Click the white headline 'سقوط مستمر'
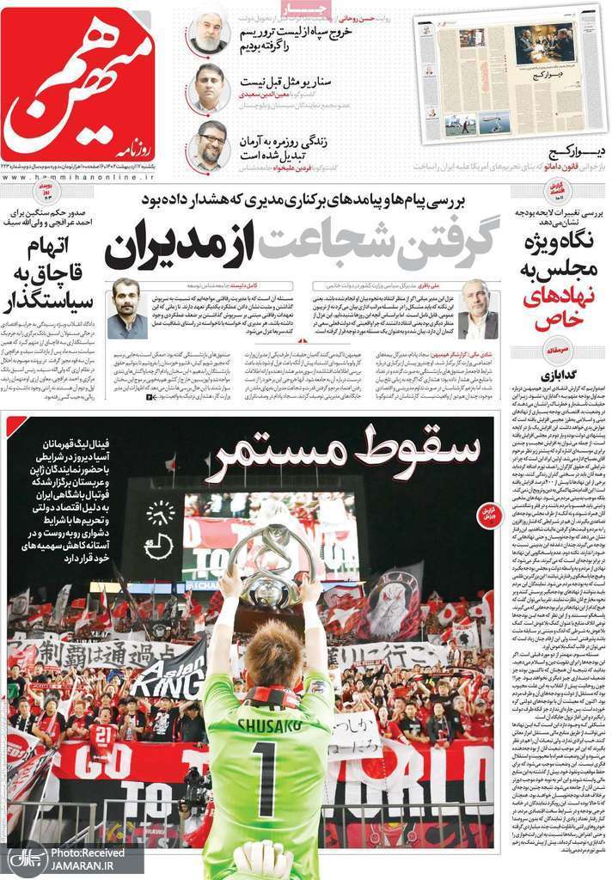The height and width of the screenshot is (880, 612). [340, 454]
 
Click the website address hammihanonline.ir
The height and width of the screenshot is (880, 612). [77, 175]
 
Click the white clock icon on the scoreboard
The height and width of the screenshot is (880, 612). [159, 513]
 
